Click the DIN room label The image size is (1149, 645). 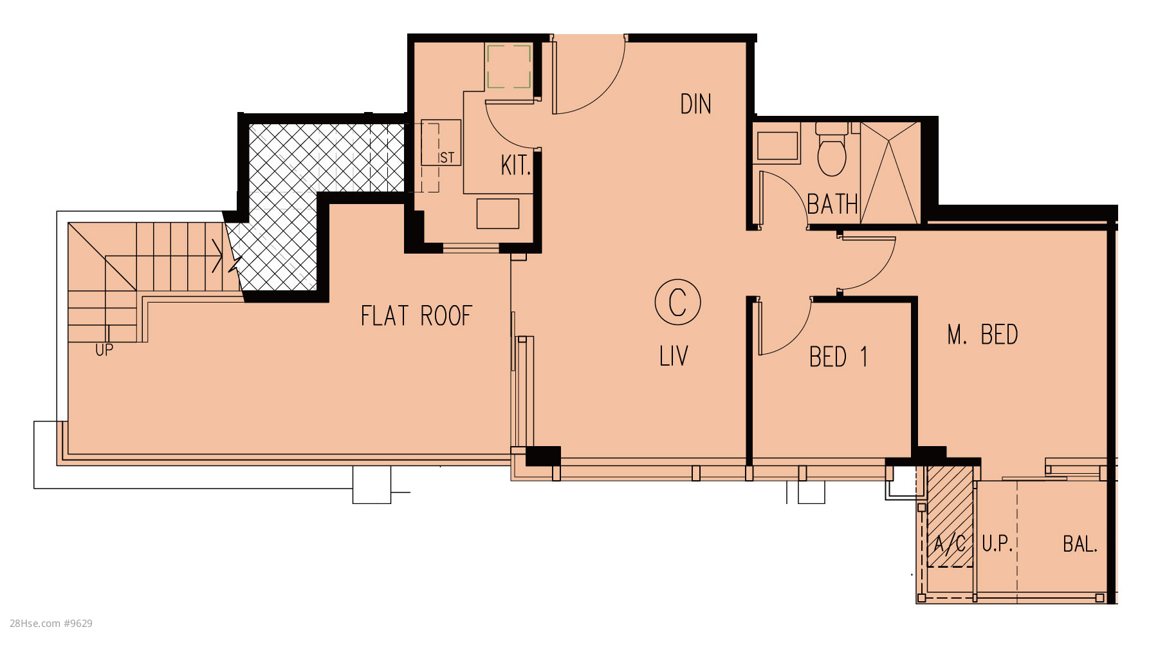pos(695,104)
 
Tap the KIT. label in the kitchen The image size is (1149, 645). pos(516,165)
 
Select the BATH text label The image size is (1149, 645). pos(832,205)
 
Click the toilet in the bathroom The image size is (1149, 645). pos(832,149)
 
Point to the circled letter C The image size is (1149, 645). pos(677,302)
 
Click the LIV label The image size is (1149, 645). pos(674,356)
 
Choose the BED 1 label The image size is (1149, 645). pos(838,357)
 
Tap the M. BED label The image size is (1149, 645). pos(982,335)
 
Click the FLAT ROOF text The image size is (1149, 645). pos(416,316)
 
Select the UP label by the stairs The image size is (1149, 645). pos(104,350)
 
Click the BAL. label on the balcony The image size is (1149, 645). pos(1080,545)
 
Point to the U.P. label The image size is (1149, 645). pos(997,545)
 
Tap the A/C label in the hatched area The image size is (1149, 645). pos(950,545)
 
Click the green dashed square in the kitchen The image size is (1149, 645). pos(509,66)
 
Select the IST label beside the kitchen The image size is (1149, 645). pos(446,158)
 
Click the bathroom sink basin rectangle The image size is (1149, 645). pos(778,146)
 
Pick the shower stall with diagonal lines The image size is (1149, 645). pos(890,173)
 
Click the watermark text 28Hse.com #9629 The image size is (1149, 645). pos(51,623)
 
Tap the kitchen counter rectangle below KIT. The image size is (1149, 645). pos(498,214)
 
